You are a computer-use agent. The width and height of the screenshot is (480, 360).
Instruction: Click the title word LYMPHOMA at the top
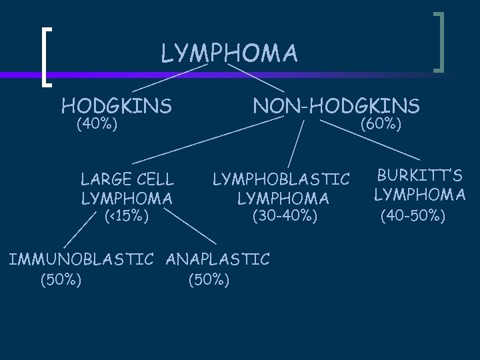point(229,53)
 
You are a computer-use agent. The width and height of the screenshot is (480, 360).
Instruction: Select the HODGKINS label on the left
point(117,105)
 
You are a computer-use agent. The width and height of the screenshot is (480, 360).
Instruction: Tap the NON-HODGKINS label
point(336,105)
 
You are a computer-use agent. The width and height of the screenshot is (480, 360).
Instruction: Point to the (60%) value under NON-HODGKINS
point(381,124)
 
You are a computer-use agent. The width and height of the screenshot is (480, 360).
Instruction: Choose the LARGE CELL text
point(127,179)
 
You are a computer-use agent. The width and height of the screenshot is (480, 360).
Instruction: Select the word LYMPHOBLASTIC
point(281,179)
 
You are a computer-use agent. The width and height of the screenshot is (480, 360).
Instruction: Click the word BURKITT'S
point(420,176)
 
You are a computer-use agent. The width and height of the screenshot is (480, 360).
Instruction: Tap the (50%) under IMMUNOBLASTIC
point(61,279)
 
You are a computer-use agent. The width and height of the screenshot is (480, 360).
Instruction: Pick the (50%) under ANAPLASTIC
point(209,279)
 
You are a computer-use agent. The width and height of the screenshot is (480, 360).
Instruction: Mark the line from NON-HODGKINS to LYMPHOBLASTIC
point(296,143)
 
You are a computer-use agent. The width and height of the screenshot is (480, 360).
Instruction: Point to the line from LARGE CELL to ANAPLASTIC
point(190,227)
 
